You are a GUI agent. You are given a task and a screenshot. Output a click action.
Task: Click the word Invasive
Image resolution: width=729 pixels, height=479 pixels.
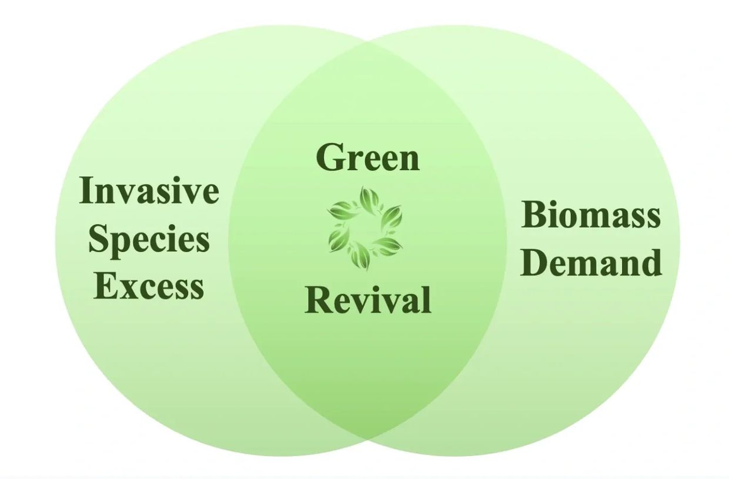tap(149, 190)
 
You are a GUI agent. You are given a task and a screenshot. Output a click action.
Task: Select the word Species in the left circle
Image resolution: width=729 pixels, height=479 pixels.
tap(149, 241)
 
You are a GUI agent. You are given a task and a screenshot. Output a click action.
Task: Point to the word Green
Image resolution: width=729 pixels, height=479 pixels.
tap(368, 158)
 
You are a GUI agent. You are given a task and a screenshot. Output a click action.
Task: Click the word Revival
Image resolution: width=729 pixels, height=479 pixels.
tap(368, 299)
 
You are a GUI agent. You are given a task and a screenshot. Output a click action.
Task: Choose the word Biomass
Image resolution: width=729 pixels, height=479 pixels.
tap(591, 214)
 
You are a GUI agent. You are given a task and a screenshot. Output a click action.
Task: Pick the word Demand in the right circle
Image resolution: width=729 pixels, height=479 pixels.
tap(591, 262)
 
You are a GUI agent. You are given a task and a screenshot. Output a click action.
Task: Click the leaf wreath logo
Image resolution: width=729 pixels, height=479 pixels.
tap(365, 229)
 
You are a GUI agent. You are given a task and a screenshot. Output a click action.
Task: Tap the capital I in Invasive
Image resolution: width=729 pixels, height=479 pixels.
tap(87, 190)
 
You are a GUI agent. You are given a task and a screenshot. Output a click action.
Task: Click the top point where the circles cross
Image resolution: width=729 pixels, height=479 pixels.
tap(368, 42)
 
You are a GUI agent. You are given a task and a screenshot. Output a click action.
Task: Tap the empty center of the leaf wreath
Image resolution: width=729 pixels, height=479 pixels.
tap(365, 229)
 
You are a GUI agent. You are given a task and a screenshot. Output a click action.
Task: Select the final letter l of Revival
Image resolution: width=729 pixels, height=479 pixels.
tap(427, 299)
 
